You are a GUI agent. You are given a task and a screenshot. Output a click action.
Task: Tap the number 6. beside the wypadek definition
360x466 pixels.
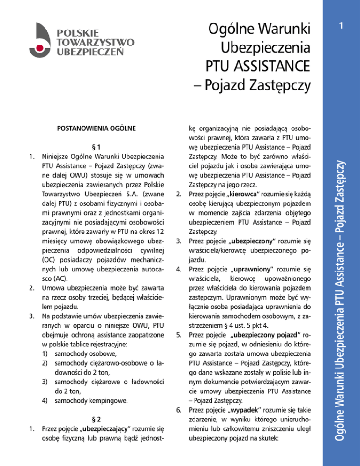click(178, 411)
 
